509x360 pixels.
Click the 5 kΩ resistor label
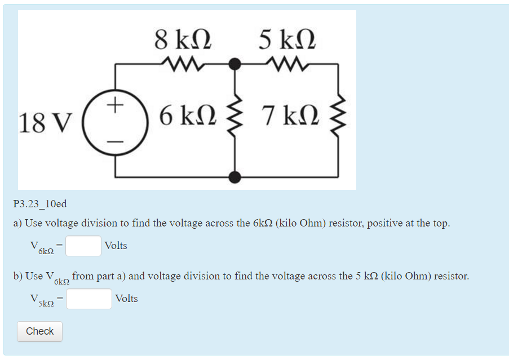click(287, 40)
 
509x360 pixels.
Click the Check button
click(39, 331)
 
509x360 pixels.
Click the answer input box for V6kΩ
click(83, 246)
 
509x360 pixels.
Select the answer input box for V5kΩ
click(89, 299)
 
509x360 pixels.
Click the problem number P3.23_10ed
click(40, 204)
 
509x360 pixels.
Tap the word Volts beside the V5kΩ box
click(126, 299)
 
